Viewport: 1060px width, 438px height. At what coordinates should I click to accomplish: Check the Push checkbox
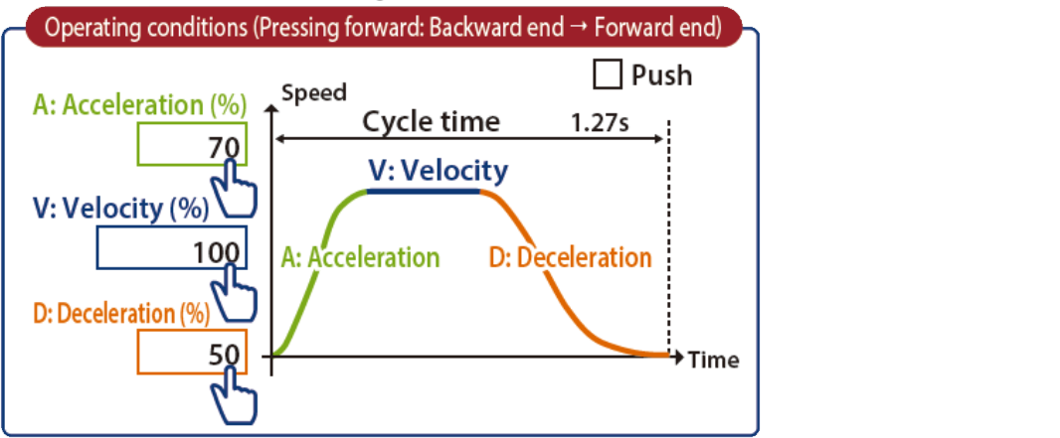(608, 74)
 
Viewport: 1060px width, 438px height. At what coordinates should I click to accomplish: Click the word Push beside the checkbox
(661, 74)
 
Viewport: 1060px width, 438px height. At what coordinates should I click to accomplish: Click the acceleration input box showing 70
(190, 147)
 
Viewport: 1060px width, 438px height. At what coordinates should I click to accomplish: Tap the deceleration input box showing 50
(190, 352)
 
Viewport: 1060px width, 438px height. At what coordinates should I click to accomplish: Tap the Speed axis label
(314, 93)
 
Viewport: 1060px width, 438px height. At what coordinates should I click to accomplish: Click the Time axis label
(713, 360)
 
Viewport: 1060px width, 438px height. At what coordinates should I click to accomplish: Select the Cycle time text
(430, 122)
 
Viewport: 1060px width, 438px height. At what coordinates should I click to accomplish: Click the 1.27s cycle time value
(603, 124)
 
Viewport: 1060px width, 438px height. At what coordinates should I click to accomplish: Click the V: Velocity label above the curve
(437, 170)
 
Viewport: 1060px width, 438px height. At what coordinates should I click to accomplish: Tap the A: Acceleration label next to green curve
(360, 257)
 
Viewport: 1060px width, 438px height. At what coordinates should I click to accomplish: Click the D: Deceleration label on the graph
(570, 257)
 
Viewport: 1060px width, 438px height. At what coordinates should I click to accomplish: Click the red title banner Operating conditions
(383, 27)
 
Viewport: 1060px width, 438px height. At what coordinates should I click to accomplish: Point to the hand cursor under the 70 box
(234, 189)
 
